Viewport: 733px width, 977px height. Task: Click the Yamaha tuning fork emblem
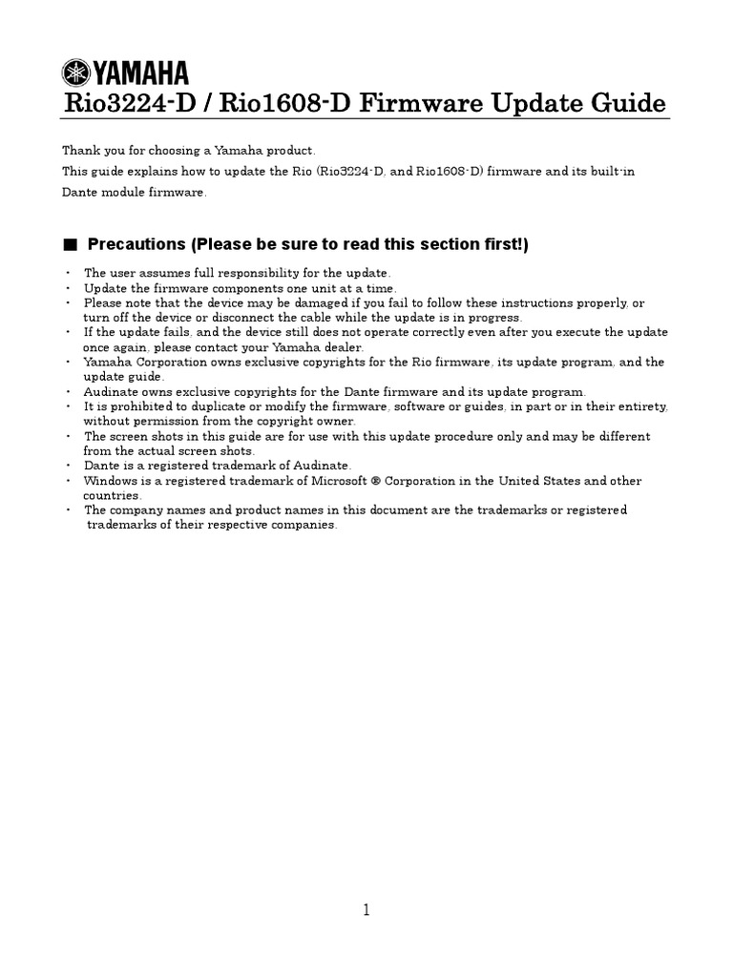[76, 73]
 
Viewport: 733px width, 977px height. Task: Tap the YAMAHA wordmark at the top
[140, 73]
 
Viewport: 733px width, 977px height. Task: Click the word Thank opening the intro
[79, 151]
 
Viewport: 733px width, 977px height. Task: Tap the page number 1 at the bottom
[366, 910]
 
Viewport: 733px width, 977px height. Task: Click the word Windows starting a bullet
[109, 481]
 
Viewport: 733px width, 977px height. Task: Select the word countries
[112, 496]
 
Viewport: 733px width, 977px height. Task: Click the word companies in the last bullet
[307, 526]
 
